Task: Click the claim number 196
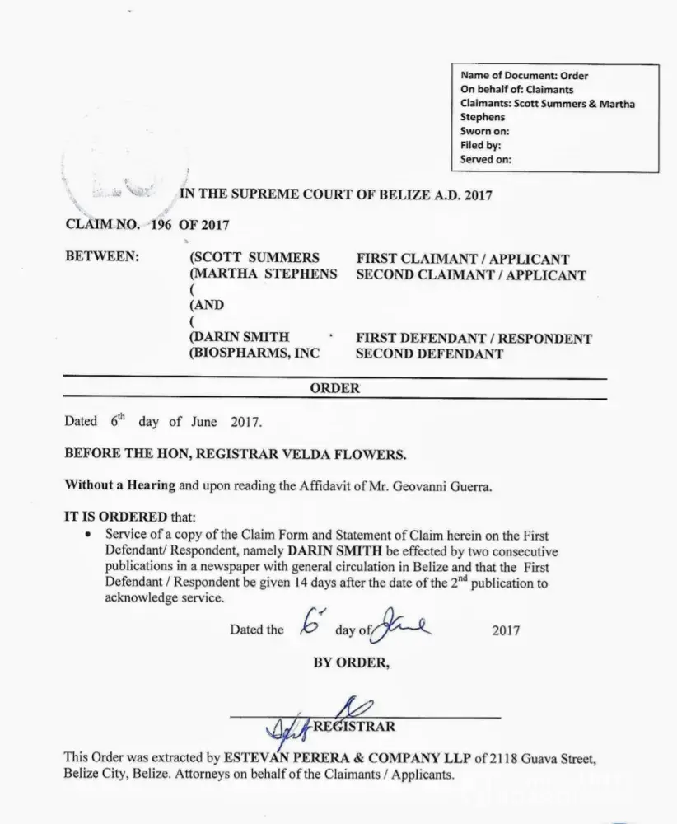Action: tap(158, 224)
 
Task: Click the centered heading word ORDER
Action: tap(334, 388)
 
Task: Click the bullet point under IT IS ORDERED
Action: tap(88, 535)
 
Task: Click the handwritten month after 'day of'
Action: tap(400, 631)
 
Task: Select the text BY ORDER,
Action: tap(350, 662)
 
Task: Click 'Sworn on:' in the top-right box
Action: tap(484, 132)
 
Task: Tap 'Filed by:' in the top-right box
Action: tap(481, 146)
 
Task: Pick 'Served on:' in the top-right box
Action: tap(486, 160)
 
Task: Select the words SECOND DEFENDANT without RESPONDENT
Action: tap(429, 353)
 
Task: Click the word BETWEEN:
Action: tap(102, 257)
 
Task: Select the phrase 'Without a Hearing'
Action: tap(120, 485)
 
